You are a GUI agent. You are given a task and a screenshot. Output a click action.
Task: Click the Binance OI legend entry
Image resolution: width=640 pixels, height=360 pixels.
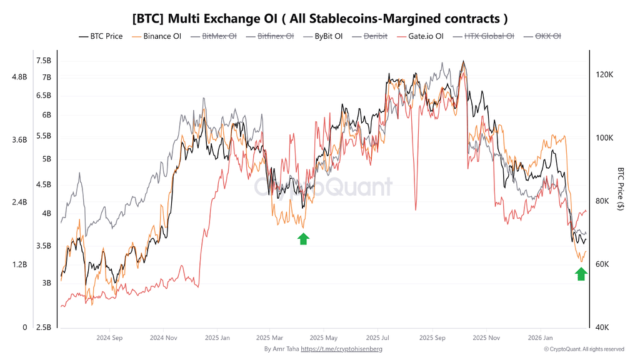[157, 36]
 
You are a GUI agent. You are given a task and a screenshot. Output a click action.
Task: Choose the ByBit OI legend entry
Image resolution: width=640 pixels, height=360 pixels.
[322, 36]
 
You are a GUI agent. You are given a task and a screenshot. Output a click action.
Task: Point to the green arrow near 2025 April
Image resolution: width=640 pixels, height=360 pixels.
[303, 238]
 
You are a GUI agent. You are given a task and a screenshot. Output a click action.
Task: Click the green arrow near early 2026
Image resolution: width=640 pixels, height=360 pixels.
[581, 274]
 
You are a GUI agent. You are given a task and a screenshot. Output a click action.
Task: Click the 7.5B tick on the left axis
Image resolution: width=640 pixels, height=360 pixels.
[43, 61]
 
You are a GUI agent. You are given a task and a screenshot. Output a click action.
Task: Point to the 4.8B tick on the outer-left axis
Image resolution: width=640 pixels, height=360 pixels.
[19, 77]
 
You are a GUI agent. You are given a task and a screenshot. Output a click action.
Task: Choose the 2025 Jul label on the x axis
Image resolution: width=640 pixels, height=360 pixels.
[379, 337]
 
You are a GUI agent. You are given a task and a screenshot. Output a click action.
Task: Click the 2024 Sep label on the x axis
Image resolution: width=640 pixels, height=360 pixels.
[109, 337]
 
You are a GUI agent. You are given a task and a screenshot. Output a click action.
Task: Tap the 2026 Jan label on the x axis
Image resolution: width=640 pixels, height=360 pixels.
[541, 337]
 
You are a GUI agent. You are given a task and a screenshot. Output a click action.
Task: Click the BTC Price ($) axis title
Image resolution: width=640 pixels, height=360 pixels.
[621, 188]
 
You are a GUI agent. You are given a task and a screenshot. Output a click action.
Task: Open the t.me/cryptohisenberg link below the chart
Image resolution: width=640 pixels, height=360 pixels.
[341, 349]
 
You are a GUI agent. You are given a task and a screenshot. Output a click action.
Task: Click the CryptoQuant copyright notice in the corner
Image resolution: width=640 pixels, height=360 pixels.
[584, 349]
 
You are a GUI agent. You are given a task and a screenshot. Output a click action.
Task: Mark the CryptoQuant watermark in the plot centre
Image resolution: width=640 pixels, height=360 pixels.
[322, 186]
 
